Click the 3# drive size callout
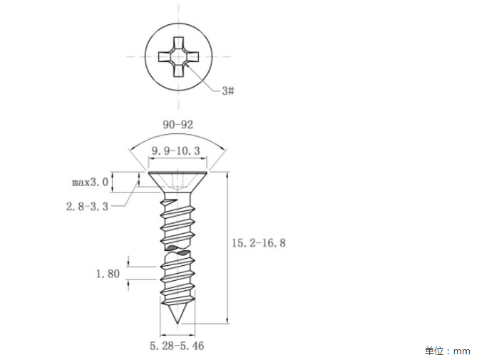(228, 91)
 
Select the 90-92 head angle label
(177, 125)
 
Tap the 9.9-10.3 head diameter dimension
(175, 150)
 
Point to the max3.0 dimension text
(90, 182)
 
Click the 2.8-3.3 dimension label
(88, 206)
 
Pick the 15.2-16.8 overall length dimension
(259, 243)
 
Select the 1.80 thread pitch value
(108, 274)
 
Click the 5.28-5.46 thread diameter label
(177, 346)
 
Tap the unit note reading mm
(462, 351)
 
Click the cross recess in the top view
(179, 57)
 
